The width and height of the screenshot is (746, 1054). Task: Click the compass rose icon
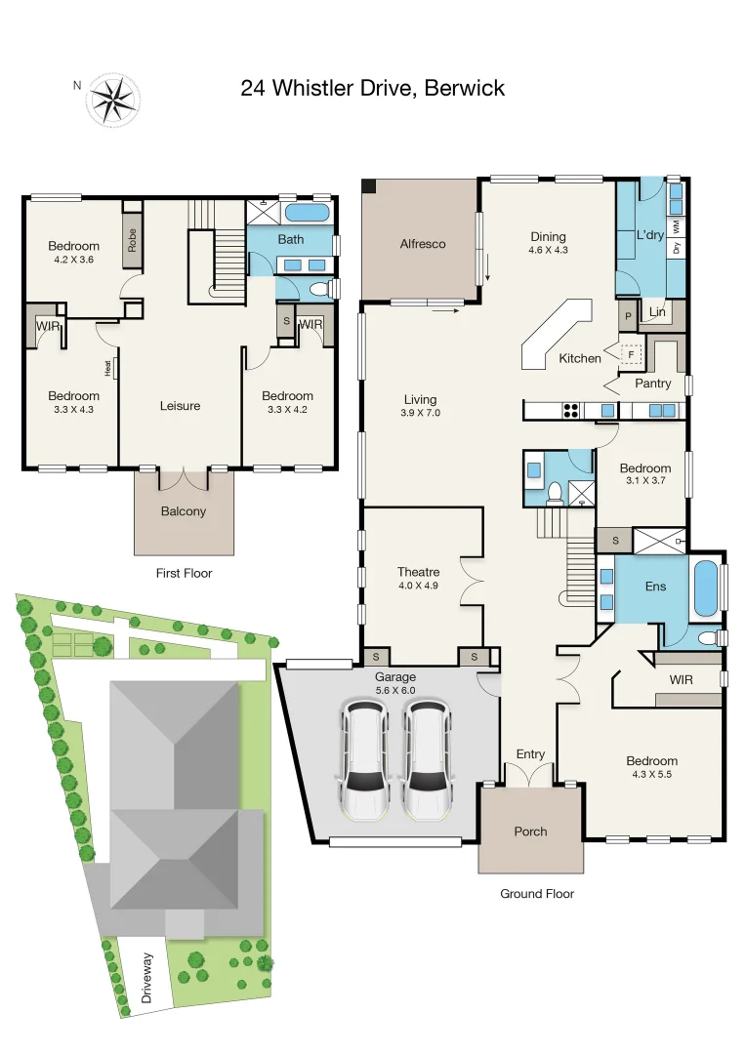pyautogui.click(x=114, y=100)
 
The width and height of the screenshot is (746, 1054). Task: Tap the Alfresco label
pyautogui.click(x=422, y=244)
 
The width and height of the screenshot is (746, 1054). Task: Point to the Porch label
pyautogui.click(x=530, y=831)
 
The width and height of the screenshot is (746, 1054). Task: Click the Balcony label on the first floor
pyautogui.click(x=184, y=511)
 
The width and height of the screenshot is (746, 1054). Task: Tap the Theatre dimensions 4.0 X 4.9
pyautogui.click(x=418, y=587)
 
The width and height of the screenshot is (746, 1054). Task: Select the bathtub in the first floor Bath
pyautogui.click(x=308, y=212)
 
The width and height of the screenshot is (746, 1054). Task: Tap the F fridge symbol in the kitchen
pyautogui.click(x=632, y=356)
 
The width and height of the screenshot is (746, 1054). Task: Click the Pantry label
pyautogui.click(x=652, y=384)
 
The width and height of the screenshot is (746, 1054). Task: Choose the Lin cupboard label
pyautogui.click(x=656, y=313)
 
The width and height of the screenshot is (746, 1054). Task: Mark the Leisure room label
pyautogui.click(x=181, y=406)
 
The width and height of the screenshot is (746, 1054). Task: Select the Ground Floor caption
pyautogui.click(x=537, y=894)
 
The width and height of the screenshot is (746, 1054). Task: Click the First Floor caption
pyautogui.click(x=184, y=573)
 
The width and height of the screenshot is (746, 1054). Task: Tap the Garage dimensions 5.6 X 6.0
pyautogui.click(x=395, y=690)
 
